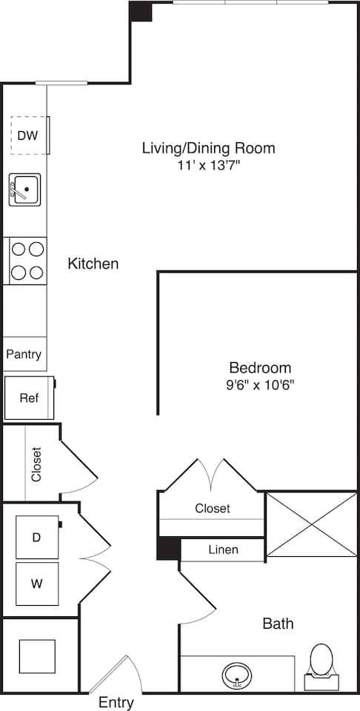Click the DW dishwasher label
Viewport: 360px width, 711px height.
click(28, 136)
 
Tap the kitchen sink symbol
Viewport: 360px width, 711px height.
click(25, 190)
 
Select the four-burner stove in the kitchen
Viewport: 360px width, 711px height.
click(27, 261)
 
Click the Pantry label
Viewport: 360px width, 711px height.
click(24, 355)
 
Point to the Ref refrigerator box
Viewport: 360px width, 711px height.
click(29, 398)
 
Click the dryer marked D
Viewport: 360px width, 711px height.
click(36, 537)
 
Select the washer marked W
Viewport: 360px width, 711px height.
click(36, 584)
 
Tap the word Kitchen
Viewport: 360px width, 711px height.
click(93, 264)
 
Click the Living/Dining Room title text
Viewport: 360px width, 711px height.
click(208, 148)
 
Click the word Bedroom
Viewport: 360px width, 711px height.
click(260, 367)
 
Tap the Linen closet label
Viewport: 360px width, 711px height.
click(223, 550)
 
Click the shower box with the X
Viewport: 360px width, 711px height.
click(311, 524)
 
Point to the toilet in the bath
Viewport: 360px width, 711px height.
click(321, 661)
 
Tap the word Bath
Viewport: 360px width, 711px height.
click(278, 624)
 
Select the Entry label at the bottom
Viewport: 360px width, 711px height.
click(116, 703)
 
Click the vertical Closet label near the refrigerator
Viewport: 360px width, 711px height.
click(36, 464)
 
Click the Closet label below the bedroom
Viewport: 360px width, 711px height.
click(213, 508)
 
